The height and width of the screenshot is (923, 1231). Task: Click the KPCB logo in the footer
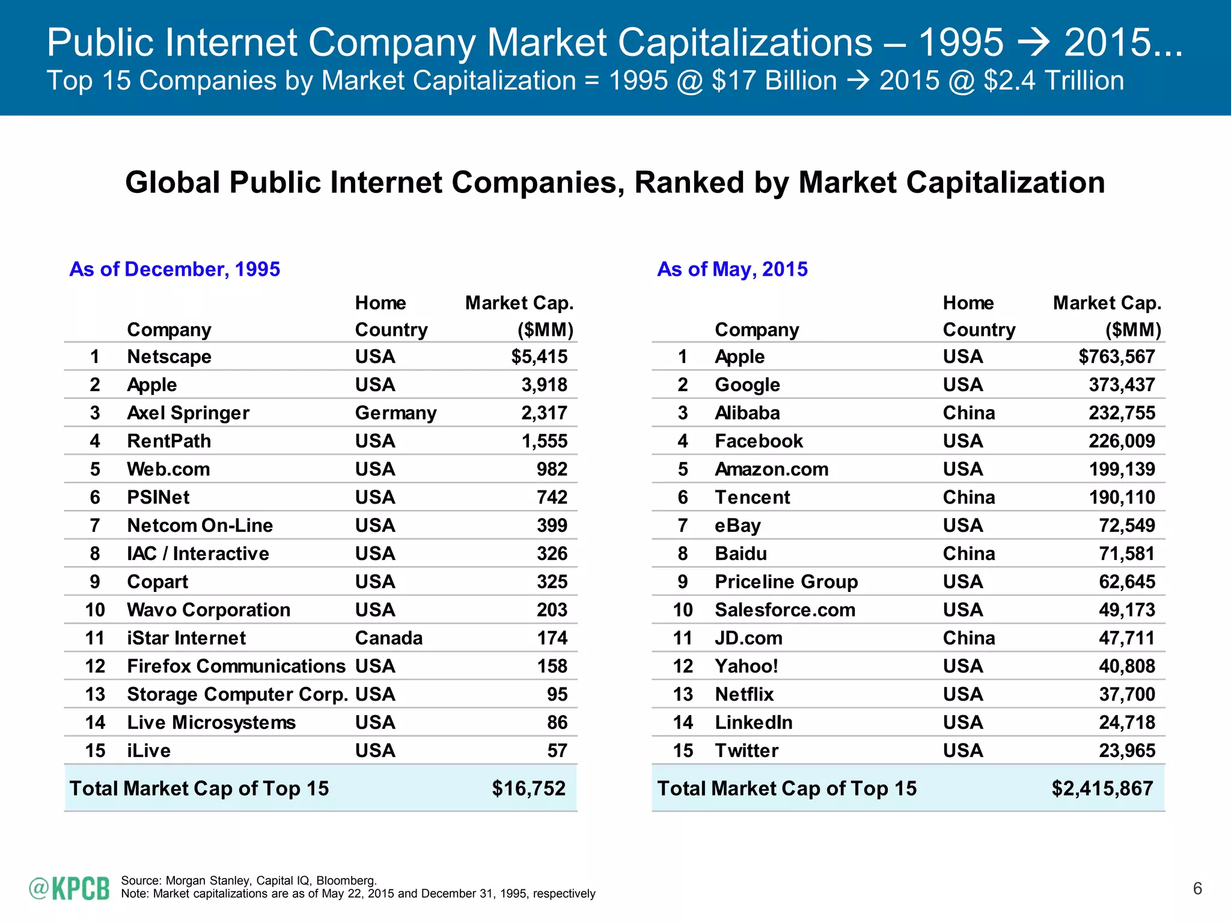(x=69, y=888)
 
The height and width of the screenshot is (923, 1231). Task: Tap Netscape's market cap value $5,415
(x=539, y=357)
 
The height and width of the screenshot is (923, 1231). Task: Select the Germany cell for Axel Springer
(x=396, y=413)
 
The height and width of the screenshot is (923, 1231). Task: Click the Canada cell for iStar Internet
(x=388, y=638)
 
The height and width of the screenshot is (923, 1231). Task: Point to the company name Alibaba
(x=747, y=413)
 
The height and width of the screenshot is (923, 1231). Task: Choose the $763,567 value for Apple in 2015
(x=1116, y=357)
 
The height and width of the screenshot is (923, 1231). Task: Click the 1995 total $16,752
(x=528, y=788)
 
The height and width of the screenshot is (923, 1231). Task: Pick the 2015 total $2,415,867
(x=1102, y=788)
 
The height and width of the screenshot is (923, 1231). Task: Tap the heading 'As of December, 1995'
(x=174, y=269)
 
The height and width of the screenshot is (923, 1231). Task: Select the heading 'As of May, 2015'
(x=732, y=269)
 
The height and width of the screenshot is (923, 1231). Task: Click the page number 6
(x=1197, y=889)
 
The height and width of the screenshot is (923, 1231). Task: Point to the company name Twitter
(x=746, y=751)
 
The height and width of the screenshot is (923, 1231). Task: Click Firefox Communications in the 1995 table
(x=236, y=666)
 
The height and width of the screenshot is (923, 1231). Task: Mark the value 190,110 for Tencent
(x=1122, y=498)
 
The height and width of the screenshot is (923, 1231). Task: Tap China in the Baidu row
(x=968, y=554)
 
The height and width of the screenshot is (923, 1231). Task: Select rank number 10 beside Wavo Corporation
(x=95, y=611)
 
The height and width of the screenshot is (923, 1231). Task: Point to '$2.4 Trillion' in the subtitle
(x=1053, y=81)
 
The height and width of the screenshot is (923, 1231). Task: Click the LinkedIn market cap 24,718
(x=1126, y=723)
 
